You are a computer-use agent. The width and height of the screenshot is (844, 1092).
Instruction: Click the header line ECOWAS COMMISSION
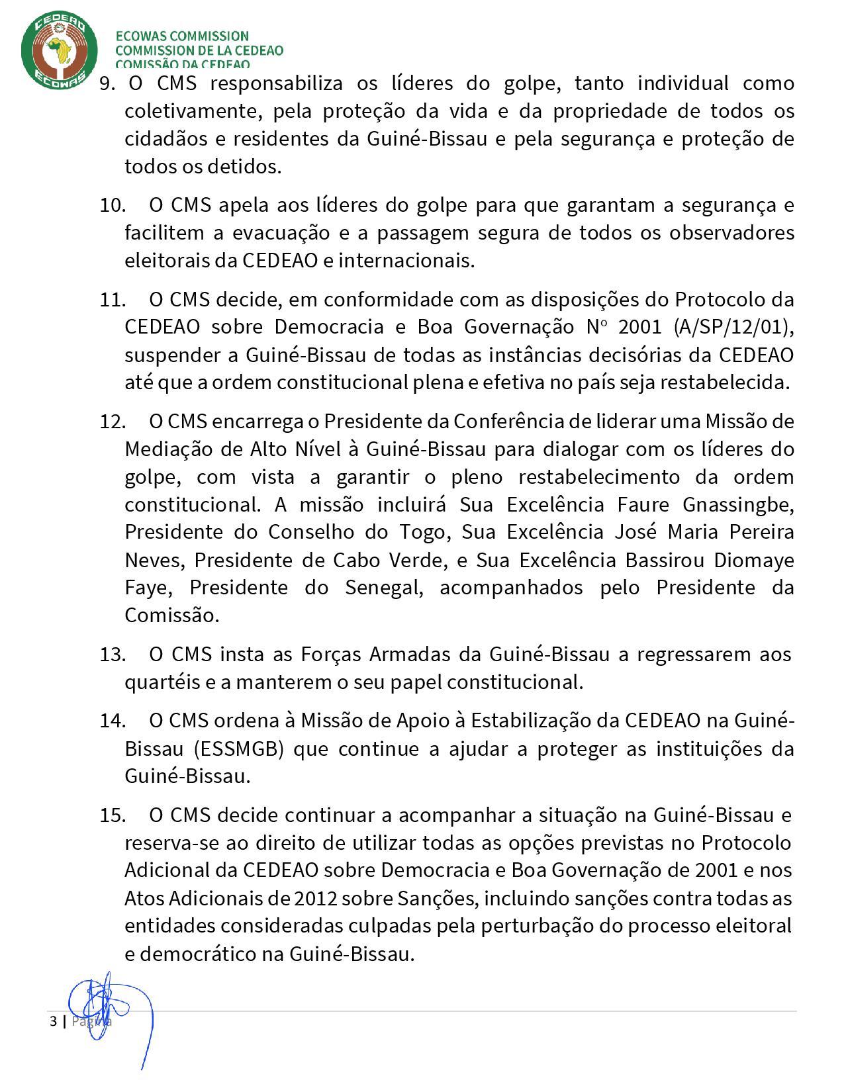pos(182,36)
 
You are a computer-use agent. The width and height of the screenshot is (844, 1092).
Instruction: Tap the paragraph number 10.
pos(113,205)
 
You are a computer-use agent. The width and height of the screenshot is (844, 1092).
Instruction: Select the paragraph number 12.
pos(113,422)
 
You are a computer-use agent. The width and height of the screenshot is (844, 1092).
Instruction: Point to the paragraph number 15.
pos(113,815)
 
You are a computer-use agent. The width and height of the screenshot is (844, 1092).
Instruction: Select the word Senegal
pos(384,588)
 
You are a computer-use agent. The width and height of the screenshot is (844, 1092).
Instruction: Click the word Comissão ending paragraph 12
pos(171,616)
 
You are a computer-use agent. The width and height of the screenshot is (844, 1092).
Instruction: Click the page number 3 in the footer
pos(53,1021)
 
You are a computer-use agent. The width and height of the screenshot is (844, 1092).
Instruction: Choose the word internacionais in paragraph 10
pos(406,261)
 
